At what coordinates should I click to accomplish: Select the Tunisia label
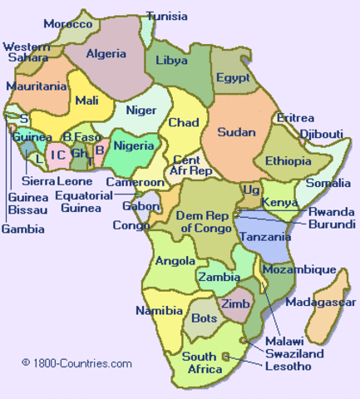coord(166,15)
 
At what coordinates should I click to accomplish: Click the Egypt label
coord(232,77)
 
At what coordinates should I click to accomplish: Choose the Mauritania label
coord(36,86)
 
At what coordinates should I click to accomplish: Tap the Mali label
coord(86,101)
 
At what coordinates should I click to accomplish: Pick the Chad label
coord(184,123)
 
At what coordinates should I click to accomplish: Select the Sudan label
coord(236,131)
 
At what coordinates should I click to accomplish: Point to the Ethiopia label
coord(287,160)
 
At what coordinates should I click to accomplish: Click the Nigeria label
coord(133,146)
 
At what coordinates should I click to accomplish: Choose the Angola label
coord(176,261)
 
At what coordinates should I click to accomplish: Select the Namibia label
coord(159,311)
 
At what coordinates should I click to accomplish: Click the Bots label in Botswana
coord(204,318)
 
